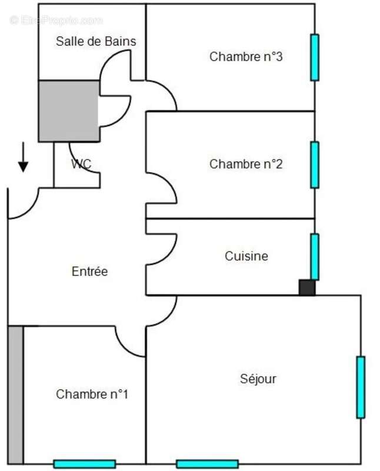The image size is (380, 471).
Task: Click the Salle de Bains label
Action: pyautogui.click(x=96, y=41)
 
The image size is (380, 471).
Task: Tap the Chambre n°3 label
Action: pyautogui.click(x=246, y=57)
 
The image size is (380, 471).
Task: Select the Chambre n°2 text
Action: pyautogui.click(x=246, y=164)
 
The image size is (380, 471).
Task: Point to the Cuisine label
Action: pyautogui.click(x=246, y=256)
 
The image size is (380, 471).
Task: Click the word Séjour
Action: pyautogui.click(x=258, y=379)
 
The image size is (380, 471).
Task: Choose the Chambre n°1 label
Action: pyautogui.click(x=92, y=394)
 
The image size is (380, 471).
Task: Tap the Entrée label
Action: pyautogui.click(x=89, y=271)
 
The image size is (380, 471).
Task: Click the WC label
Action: pyautogui.click(x=81, y=164)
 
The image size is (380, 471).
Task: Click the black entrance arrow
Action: pyautogui.click(x=23, y=157)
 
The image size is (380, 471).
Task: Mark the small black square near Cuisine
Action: pyautogui.click(x=306, y=287)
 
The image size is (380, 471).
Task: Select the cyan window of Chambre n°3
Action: pyautogui.click(x=315, y=57)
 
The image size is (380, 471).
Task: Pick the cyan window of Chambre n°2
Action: pyautogui.click(x=315, y=165)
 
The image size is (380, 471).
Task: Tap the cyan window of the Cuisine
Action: pyautogui.click(x=315, y=257)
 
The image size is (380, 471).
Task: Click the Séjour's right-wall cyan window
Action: pyautogui.click(x=361, y=387)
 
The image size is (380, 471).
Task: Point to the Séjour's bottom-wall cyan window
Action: pyautogui.click(x=208, y=464)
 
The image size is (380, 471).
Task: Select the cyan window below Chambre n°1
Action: pyautogui.click(x=85, y=464)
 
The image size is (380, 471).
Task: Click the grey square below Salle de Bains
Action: pyautogui.click(x=69, y=111)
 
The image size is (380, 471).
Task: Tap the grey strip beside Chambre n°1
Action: pyautogui.click(x=16, y=395)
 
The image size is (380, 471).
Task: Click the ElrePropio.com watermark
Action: pyautogui.click(x=56, y=21)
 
